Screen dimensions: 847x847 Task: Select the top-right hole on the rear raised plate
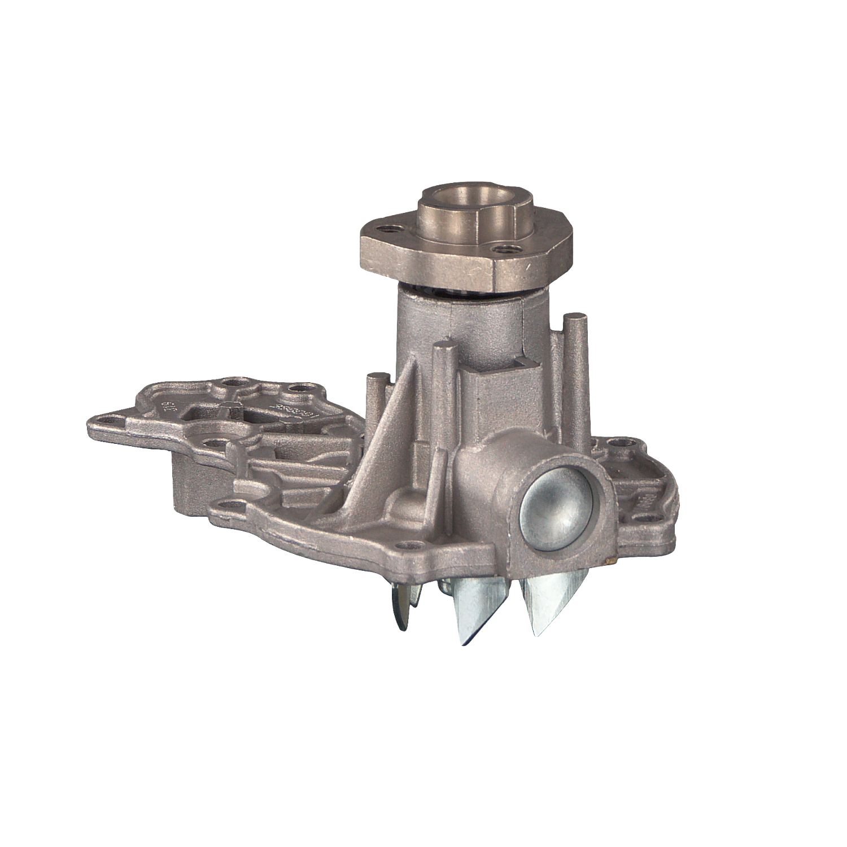coord(299,388)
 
